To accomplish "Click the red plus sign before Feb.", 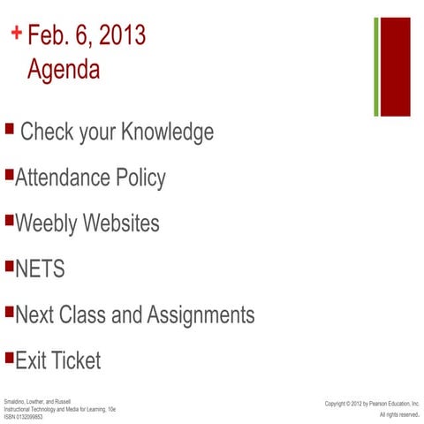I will coord(17,34).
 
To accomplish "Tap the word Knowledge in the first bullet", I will coord(167,132).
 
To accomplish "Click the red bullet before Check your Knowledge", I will coord(9,129).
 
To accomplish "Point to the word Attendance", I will coord(63,178).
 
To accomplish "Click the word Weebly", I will coord(47,223).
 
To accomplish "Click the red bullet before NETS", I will coord(9,265).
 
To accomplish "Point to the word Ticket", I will coord(74,360).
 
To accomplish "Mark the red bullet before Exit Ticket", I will coord(9,357).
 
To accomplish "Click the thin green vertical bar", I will coord(376,66).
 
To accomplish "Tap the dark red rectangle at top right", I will coord(395,66).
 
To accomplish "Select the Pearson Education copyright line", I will coord(371,404).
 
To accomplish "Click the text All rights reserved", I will coord(399,414).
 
